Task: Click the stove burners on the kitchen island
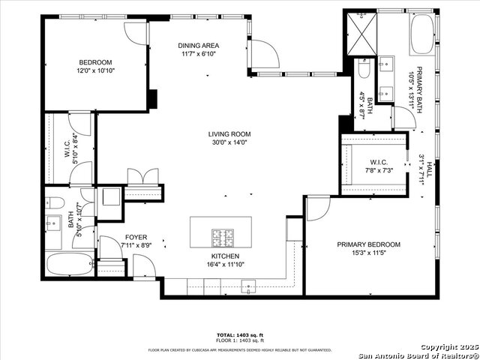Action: (223, 237)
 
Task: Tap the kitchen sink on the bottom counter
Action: (249, 285)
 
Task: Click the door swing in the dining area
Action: (264, 53)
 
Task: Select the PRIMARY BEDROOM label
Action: (368, 244)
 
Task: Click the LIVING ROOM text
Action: (227, 134)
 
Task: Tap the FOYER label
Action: (136, 236)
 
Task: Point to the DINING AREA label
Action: (198, 45)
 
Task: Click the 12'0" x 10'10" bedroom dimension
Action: (95, 70)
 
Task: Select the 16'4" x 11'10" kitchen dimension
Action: (225, 264)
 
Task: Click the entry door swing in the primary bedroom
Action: (317, 207)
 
